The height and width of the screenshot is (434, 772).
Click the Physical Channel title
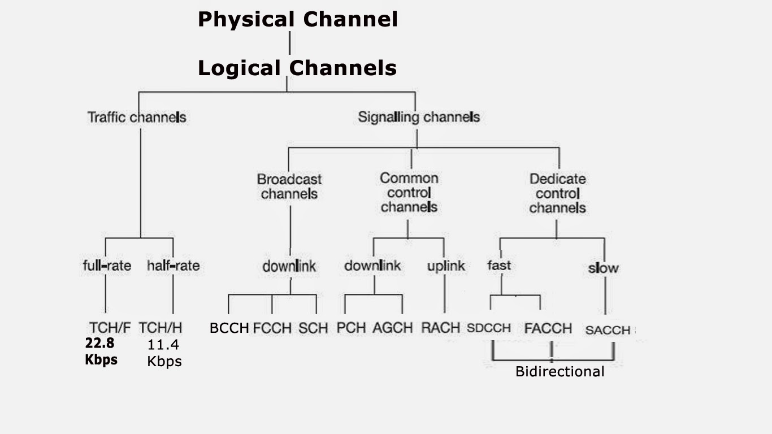click(x=297, y=20)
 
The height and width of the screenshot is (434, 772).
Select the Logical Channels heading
click(x=297, y=68)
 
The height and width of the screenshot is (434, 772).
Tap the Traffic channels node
click(x=137, y=118)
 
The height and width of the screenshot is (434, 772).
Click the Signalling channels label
click(x=419, y=118)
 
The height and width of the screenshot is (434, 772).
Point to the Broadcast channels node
click(x=289, y=186)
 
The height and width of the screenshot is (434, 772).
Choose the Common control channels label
click(x=409, y=193)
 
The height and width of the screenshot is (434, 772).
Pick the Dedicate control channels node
click(x=557, y=193)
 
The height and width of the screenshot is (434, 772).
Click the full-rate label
click(x=107, y=265)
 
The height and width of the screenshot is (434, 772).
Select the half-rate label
click(x=173, y=265)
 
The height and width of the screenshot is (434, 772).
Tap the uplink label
click(x=446, y=266)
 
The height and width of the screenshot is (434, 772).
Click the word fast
click(x=498, y=265)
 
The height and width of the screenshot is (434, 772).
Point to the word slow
click(x=603, y=268)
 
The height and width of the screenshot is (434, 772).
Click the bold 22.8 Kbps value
click(x=101, y=351)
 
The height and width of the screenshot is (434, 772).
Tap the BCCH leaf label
click(x=229, y=328)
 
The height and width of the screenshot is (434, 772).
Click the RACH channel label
click(x=441, y=328)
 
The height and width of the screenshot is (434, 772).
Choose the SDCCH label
click(x=489, y=328)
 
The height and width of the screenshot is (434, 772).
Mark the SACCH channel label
click(x=608, y=330)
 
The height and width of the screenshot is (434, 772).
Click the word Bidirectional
click(x=560, y=372)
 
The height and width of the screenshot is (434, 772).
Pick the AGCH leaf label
click(x=392, y=328)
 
